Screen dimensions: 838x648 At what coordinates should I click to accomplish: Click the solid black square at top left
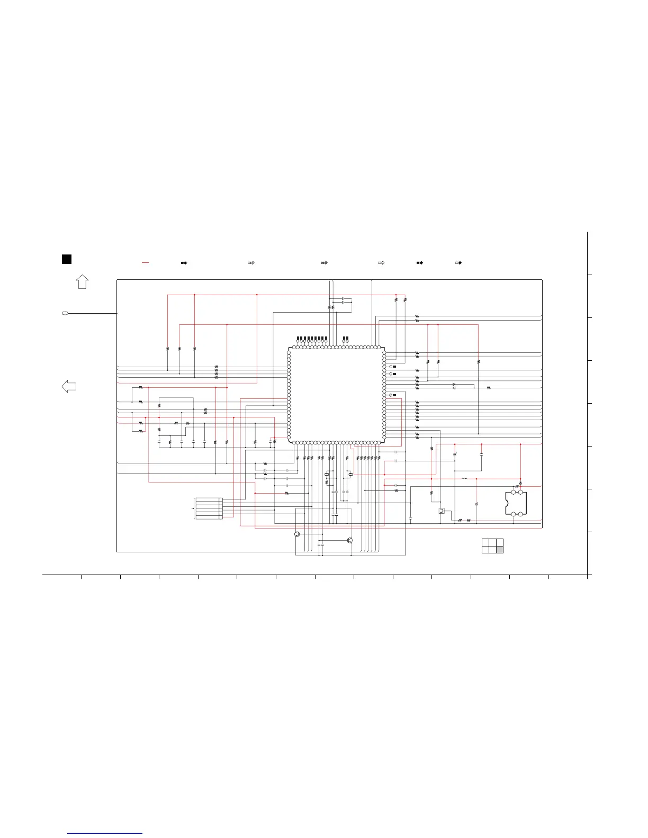pyautogui.click(x=66, y=259)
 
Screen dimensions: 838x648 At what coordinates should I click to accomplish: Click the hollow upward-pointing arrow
pyautogui.click(x=82, y=281)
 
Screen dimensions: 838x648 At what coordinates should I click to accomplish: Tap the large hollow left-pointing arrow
pyautogui.click(x=69, y=386)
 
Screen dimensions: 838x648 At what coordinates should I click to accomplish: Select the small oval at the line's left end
pyautogui.click(x=65, y=314)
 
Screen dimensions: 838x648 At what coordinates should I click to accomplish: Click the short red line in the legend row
pyautogui.click(x=146, y=262)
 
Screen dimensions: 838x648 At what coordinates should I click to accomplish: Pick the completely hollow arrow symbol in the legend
pyautogui.click(x=381, y=262)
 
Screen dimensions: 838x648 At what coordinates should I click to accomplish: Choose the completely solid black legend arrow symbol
pyautogui.click(x=420, y=262)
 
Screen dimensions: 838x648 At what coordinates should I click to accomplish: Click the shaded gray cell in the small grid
pyautogui.click(x=499, y=550)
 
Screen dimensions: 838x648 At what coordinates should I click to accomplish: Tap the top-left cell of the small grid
pyautogui.click(x=485, y=542)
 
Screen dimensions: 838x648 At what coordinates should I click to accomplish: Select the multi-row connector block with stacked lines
pyautogui.click(x=208, y=508)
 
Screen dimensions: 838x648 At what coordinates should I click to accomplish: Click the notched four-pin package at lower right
pyautogui.click(x=516, y=503)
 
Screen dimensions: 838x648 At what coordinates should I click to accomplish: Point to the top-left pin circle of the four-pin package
pyautogui.click(x=513, y=493)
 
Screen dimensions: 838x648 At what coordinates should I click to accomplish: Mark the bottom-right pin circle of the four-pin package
pyautogui.click(x=520, y=514)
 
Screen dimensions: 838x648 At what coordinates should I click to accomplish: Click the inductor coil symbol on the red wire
pyautogui.click(x=464, y=479)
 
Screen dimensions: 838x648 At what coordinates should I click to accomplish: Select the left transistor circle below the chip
pyautogui.click(x=298, y=534)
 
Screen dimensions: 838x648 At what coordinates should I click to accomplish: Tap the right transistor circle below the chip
pyautogui.click(x=349, y=540)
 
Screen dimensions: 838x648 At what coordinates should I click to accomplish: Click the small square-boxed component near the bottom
pyautogui.click(x=442, y=511)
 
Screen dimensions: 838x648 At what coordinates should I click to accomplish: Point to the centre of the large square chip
pyautogui.click(x=336, y=395)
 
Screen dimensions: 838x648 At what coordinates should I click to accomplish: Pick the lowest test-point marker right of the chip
pyautogui.click(x=391, y=395)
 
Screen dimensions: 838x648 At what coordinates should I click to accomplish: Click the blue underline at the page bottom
pyautogui.click(x=105, y=833)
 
